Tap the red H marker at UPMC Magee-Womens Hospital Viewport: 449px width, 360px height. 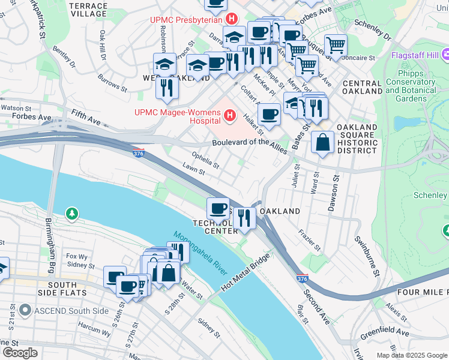click(x=230, y=116)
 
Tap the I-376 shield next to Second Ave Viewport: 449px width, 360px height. click(x=304, y=279)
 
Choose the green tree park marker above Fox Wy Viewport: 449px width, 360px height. click(x=71, y=213)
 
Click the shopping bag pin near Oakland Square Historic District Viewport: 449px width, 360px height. click(x=323, y=143)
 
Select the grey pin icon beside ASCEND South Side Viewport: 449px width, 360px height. click(x=25, y=311)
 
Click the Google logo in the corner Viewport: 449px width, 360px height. click(x=20, y=352)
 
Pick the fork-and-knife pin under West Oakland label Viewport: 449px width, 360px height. click(x=167, y=88)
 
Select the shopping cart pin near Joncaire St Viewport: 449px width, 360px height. click(x=336, y=45)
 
